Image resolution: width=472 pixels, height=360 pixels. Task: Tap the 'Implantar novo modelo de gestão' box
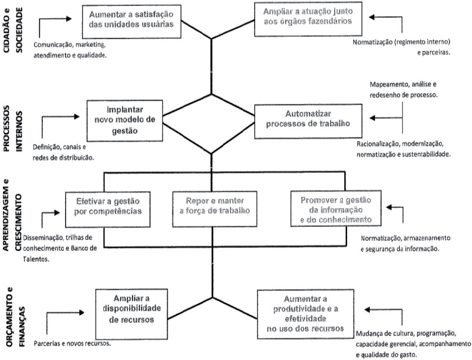[123, 121]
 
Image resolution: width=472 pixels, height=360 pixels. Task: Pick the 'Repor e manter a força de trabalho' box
[215, 205]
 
